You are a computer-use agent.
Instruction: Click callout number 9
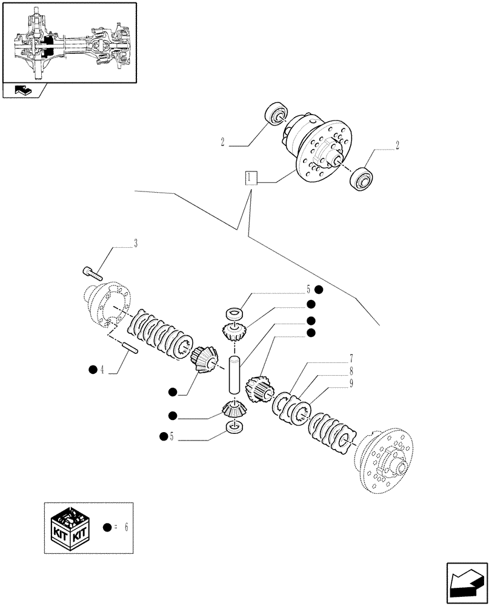click(350, 382)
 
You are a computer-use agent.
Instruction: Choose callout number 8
click(350, 371)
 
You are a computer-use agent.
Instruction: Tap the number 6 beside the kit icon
click(125, 527)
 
